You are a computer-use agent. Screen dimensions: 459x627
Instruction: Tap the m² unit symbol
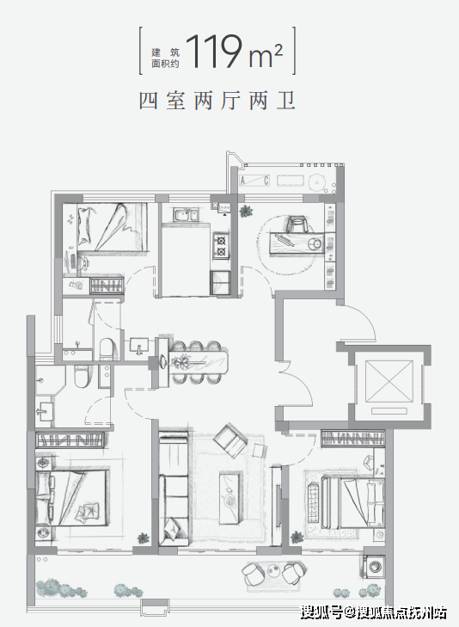click(266, 56)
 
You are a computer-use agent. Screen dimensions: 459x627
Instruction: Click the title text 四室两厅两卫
click(217, 100)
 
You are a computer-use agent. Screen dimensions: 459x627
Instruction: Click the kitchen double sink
click(185, 215)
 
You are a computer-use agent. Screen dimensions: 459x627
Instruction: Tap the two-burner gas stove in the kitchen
click(221, 245)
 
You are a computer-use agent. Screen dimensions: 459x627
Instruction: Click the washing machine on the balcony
click(374, 567)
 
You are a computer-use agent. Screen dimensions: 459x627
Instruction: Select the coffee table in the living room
click(231, 498)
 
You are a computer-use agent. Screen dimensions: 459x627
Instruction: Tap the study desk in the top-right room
click(297, 243)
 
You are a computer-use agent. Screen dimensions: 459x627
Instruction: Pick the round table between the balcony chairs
click(274, 569)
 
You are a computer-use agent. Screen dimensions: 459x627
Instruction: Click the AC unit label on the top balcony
click(254, 181)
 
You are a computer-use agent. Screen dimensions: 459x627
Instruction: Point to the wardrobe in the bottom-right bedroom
click(352, 439)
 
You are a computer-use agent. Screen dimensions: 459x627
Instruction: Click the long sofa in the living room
click(173, 491)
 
